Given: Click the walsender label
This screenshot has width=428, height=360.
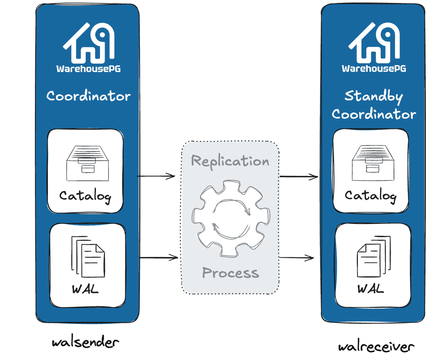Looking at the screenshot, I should tap(85, 342).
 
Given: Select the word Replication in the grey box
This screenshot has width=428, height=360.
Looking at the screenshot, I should tap(230, 161).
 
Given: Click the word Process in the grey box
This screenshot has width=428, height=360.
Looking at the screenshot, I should tap(230, 273).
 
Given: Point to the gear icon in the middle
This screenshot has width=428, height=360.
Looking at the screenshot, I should tap(231, 217).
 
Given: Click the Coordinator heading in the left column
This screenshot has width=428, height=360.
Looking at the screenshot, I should tap(88, 96).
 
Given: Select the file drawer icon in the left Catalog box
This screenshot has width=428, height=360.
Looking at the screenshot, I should tap(86, 161).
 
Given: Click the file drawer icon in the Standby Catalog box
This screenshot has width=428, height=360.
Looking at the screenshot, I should tap(371, 161).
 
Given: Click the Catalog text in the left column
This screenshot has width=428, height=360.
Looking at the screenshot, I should tap(85, 196).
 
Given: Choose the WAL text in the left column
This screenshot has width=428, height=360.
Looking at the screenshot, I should tap(85, 289).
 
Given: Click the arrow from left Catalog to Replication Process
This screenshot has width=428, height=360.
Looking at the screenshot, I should tap(156, 176).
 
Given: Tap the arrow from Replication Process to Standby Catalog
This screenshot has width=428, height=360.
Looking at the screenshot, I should tap(299, 177).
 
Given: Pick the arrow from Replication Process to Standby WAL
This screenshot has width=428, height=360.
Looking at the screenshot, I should tap(297, 258).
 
